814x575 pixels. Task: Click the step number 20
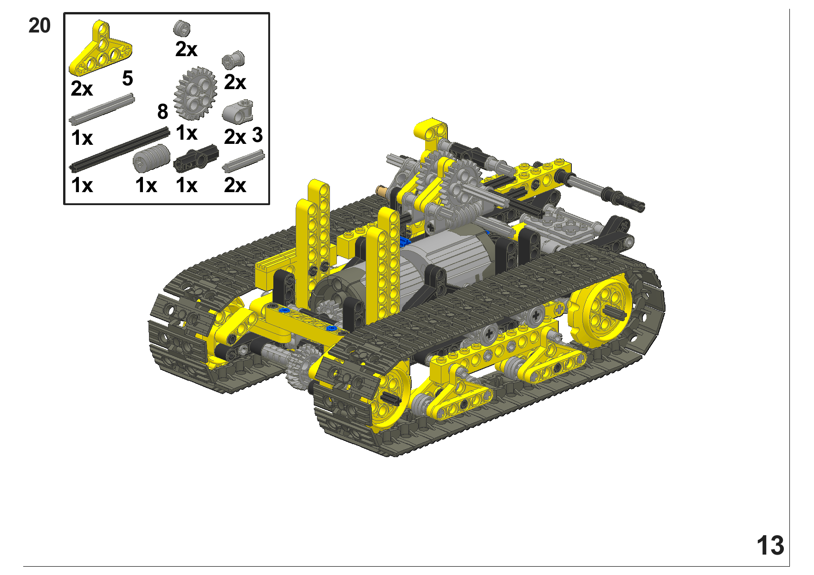pos(39,26)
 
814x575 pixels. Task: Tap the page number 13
pos(770,545)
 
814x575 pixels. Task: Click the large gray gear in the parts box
pos(195,93)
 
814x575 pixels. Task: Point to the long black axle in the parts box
pos(120,149)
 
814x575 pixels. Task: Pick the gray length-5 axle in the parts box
pos(102,109)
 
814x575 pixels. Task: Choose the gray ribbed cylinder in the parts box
pos(151,158)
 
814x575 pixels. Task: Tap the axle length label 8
pos(162,112)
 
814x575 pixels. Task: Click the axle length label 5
pos(128,78)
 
